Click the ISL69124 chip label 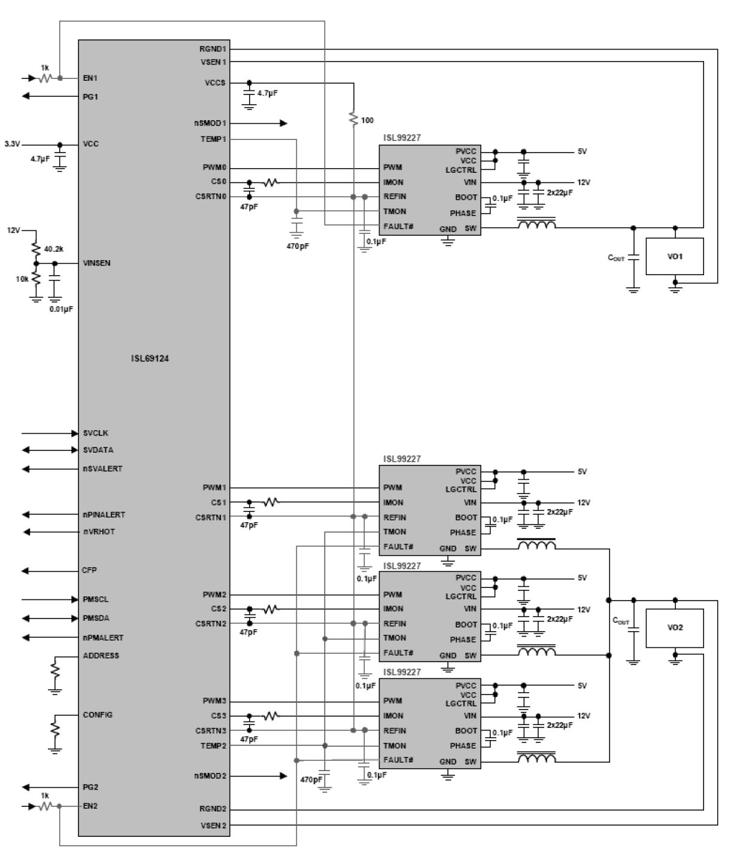150,359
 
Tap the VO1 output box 674,257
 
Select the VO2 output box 674,628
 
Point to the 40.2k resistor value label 54,249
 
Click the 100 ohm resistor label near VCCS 367,120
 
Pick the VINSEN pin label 96,263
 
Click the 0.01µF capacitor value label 61,309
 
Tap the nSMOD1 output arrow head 284,123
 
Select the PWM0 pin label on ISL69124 214,168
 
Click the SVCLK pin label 95,433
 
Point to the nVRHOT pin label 99,532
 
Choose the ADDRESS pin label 101,656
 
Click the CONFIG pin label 98,715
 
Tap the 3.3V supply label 12,144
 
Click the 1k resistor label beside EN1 45,68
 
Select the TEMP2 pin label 213,746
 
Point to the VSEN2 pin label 213,826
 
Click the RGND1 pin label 213,49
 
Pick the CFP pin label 89,571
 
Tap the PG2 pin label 90,787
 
